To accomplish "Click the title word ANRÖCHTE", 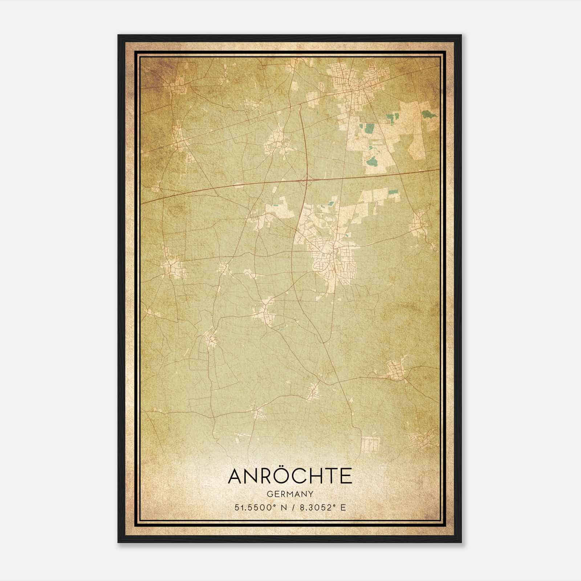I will (290, 476).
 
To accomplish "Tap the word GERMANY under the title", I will (290, 494).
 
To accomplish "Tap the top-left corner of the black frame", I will (118, 36).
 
